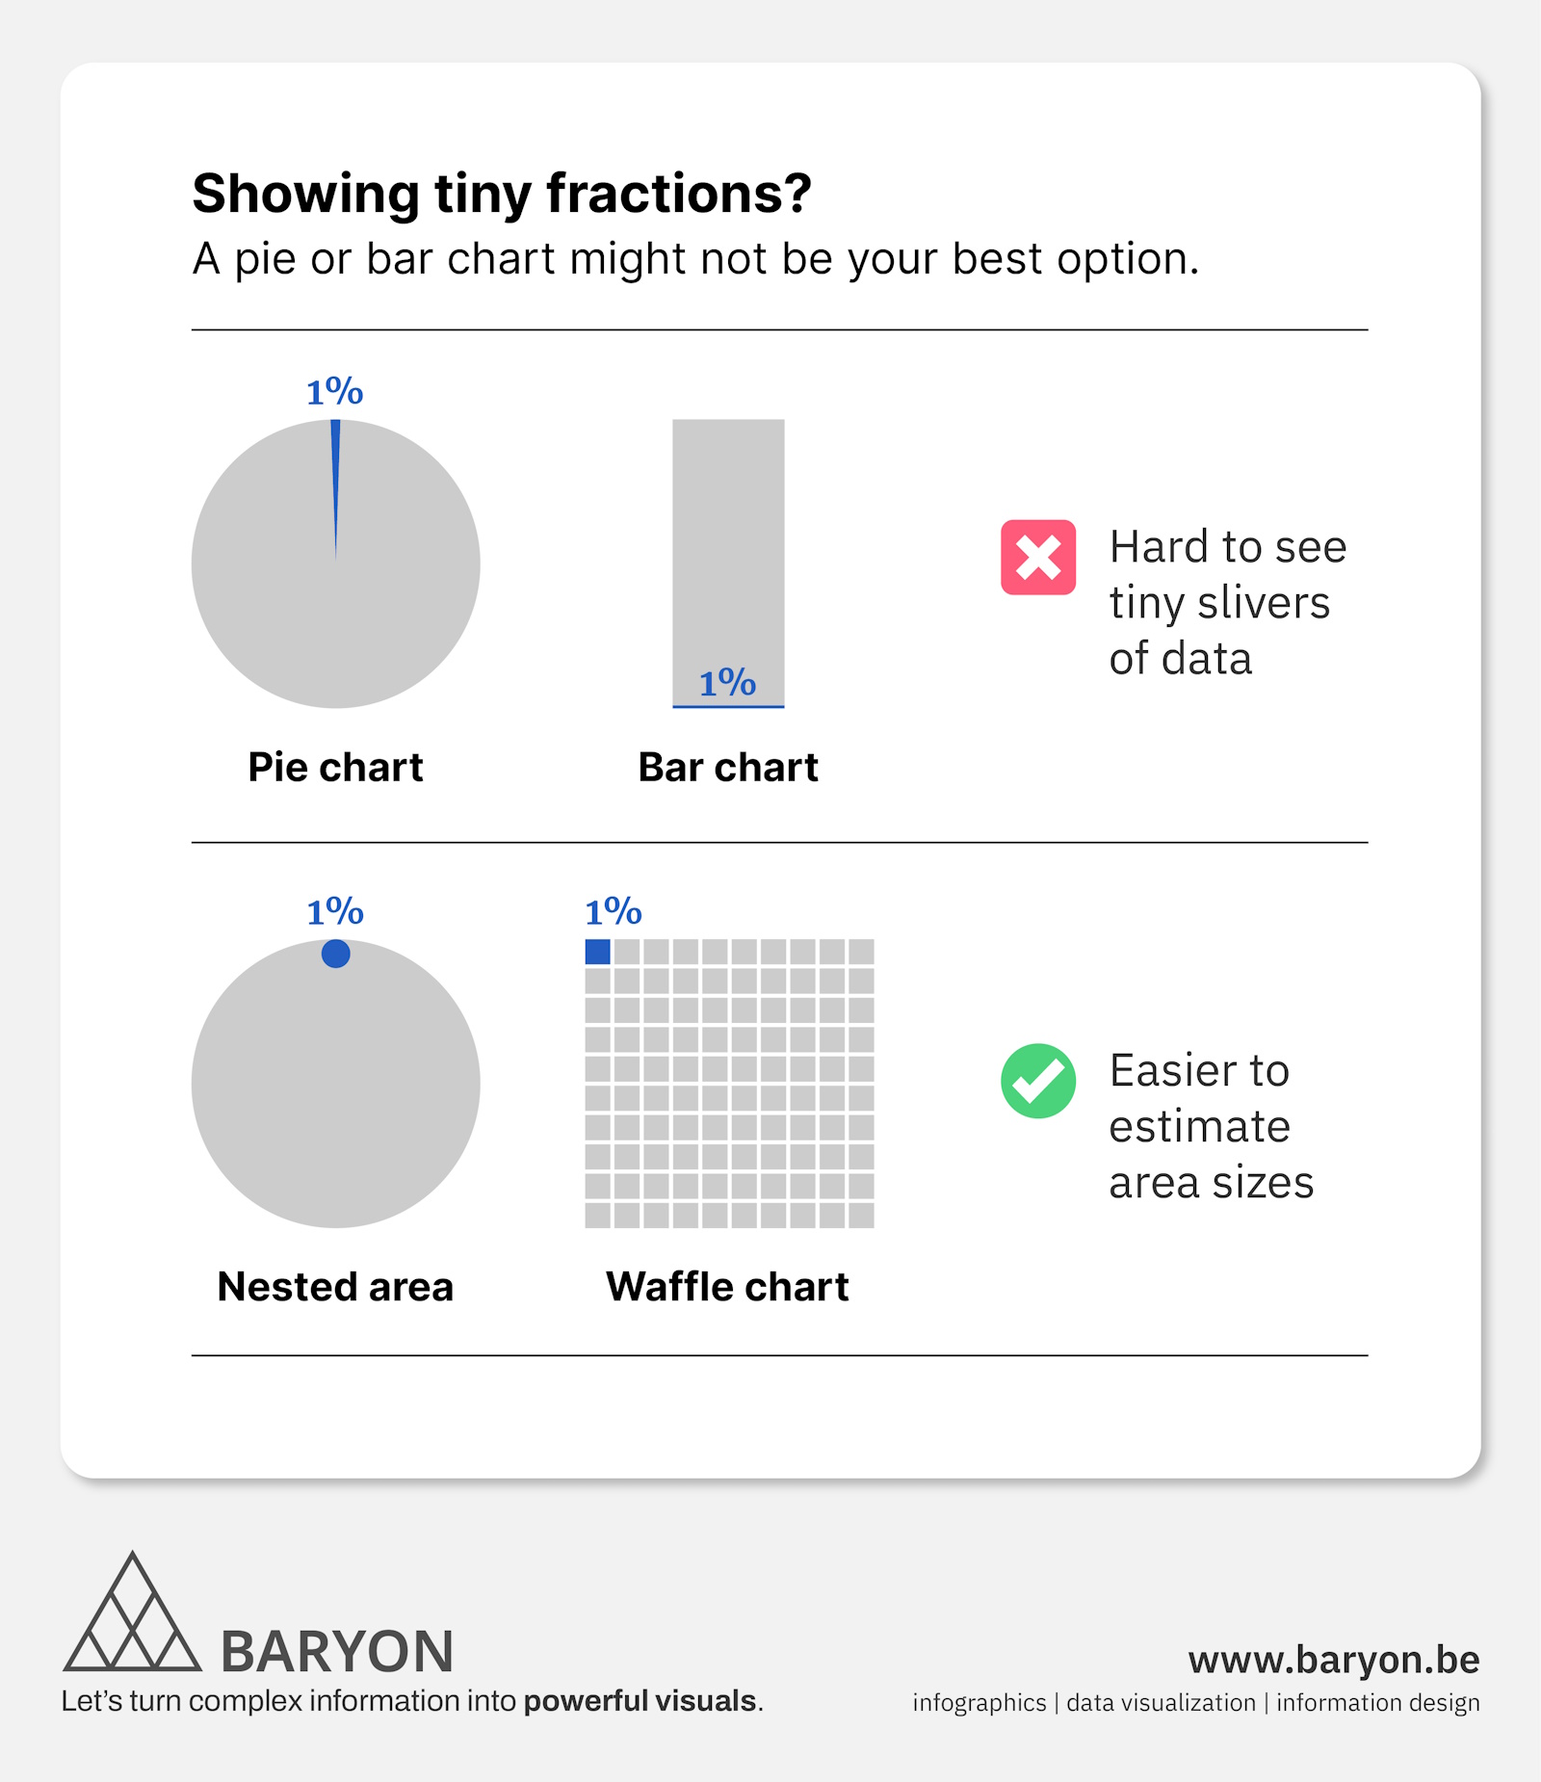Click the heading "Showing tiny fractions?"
(502, 194)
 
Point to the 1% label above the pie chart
(334, 391)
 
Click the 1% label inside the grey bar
(727, 682)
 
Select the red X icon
(1038, 557)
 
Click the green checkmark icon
(1038, 1081)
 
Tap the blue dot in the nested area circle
(335, 954)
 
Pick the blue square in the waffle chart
(597, 952)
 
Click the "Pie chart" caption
(335, 767)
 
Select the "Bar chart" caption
(728, 767)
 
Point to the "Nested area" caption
(335, 1286)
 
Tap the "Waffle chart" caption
(727, 1286)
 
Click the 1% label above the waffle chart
(614, 911)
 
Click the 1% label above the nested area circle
(335, 911)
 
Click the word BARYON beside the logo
(337, 1651)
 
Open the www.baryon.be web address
(1334, 1660)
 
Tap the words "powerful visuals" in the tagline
(640, 1701)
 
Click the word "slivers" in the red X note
(1263, 603)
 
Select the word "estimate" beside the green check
(1199, 1126)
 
